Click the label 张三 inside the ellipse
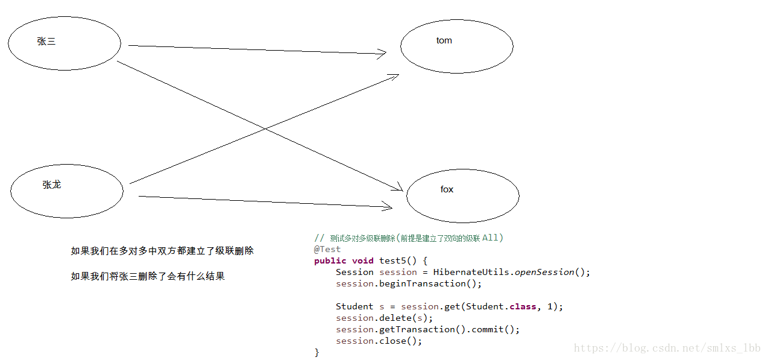[46, 42]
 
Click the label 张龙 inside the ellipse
[52, 185]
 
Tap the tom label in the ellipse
[444, 40]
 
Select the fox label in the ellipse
[447, 189]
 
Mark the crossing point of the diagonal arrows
[264, 128]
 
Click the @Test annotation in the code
[327, 249]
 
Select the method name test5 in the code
[395, 261]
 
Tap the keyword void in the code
[363, 261]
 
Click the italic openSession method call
[544, 272]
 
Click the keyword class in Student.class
[523, 306]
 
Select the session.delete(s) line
[385, 318]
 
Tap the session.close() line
[379, 341]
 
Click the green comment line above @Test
[409, 238]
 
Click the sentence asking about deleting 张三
[148, 276]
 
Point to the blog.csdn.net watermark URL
[667, 349]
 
